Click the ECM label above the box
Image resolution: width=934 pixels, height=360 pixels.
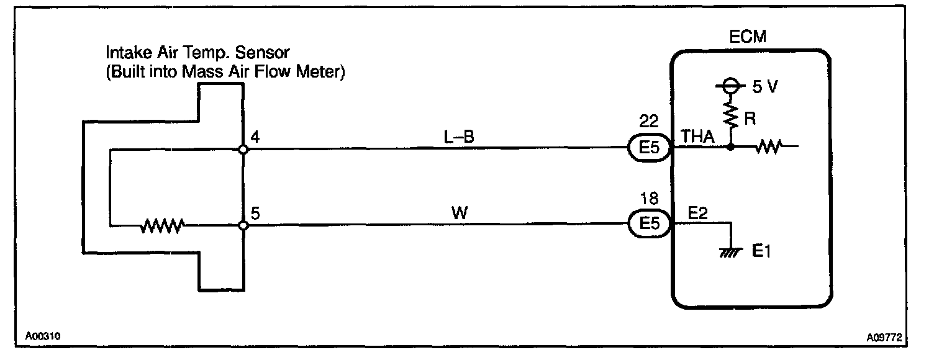click(747, 37)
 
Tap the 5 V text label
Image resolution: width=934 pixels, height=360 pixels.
click(764, 87)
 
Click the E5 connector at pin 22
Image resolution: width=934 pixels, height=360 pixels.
click(649, 149)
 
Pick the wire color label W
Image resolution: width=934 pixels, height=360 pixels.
click(460, 213)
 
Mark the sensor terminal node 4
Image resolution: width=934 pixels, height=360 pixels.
click(243, 150)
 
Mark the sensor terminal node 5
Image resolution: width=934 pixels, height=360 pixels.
click(243, 225)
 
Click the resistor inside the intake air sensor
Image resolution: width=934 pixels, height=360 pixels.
click(162, 225)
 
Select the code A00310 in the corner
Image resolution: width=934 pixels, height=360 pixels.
click(43, 336)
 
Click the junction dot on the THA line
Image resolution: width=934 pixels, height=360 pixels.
click(731, 148)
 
